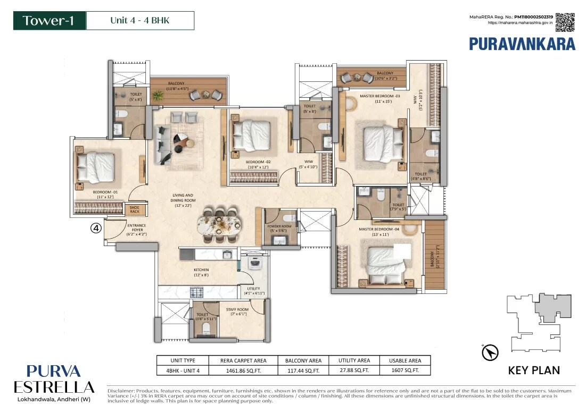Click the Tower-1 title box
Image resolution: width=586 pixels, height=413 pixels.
[x=48, y=21]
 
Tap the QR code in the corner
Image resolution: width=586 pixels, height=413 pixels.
[x=565, y=22]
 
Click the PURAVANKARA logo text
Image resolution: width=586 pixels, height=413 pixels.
[x=522, y=44]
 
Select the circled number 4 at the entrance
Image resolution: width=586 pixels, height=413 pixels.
[x=96, y=229]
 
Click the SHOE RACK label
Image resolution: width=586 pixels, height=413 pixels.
[x=134, y=209]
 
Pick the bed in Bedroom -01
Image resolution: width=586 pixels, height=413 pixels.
[x=96, y=165]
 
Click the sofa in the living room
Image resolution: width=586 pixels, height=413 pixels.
[x=162, y=145]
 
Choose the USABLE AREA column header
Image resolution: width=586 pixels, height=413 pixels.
[x=405, y=360]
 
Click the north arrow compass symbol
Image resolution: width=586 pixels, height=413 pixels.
[x=489, y=352]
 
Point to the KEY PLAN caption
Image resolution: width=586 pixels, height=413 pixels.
[x=534, y=370]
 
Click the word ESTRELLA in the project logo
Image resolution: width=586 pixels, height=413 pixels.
[x=53, y=386]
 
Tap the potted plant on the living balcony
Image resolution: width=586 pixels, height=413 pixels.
[x=158, y=96]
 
